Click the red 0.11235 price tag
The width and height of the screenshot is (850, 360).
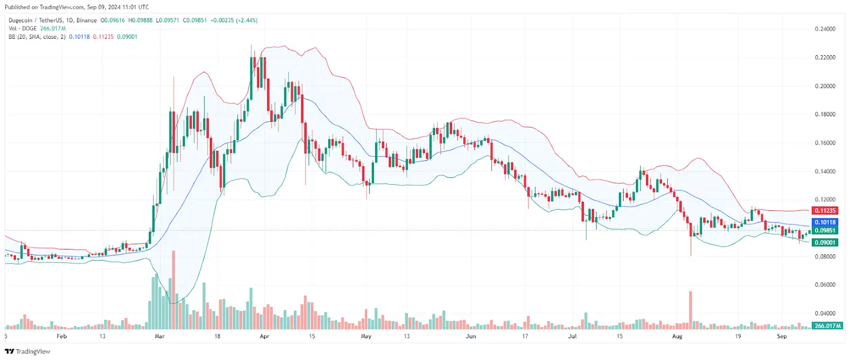point(825,211)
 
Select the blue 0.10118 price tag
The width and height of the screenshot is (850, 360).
point(825,222)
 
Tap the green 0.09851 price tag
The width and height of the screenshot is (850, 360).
point(825,230)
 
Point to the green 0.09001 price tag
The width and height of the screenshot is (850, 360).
point(825,243)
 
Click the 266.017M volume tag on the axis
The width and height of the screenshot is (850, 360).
point(828,326)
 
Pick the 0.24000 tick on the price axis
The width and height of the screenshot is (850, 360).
point(825,29)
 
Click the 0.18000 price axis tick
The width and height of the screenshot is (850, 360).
point(825,114)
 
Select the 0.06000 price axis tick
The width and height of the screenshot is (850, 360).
point(825,285)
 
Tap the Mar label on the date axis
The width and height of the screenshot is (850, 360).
point(159,336)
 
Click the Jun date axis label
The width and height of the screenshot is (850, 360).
point(471,336)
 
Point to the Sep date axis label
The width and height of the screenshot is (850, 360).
point(781,336)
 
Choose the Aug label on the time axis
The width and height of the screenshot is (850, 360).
point(677,336)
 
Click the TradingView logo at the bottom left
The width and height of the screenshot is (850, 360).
point(28,352)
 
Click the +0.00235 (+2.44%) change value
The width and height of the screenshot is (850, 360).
point(234,20)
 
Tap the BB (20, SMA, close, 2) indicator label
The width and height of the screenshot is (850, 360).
point(37,37)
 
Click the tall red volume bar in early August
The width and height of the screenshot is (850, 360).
point(691,308)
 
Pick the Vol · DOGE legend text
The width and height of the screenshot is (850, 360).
point(23,29)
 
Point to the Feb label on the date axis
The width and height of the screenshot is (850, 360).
point(62,336)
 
